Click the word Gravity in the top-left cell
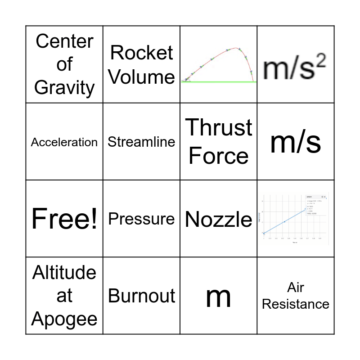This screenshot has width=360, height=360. pos(64,87)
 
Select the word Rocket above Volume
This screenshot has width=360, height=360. pos(141,53)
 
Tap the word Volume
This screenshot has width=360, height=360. pos(141,76)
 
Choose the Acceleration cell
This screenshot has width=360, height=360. pos(64,142)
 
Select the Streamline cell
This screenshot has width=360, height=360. pos(141,142)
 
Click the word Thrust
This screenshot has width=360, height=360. pos(219,127)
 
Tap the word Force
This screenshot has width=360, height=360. pos(219,156)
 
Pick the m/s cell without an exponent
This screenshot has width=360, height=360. pos(296,142)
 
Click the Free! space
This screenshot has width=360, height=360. pos(64,219)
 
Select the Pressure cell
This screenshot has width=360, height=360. pos(141,219)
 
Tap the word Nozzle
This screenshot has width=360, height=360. pos(219,220)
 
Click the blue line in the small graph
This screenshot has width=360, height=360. pos(284,221)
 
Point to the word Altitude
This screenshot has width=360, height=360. pos(64,273)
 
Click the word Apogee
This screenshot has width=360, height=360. pos(64,319)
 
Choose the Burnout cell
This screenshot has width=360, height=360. pos(141,296)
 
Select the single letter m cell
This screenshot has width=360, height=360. pos(219,297)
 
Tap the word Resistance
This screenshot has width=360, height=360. pos(296,304)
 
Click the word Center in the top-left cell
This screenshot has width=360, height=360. pos(64,41)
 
